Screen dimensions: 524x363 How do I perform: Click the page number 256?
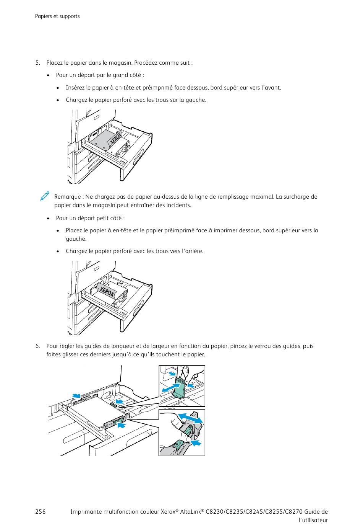click(x=40, y=512)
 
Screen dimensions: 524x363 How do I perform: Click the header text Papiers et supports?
click(x=57, y=16)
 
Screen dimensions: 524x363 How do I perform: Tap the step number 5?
click(x=37, y=63)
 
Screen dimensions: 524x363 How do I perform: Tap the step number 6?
click(x=37, y=346)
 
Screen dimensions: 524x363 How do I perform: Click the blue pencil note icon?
click(x=44, y=196)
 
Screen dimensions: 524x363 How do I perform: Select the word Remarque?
click(x=67, y=197)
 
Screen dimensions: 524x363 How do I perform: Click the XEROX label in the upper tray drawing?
click(x=116, y=140)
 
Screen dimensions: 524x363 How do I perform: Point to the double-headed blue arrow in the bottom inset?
click(x=191, y=418)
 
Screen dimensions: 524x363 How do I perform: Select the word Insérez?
click(x=75, y=88)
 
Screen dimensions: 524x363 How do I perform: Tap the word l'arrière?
click(x=192, y=251)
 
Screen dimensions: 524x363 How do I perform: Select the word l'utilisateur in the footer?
click(x=313, y=520)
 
